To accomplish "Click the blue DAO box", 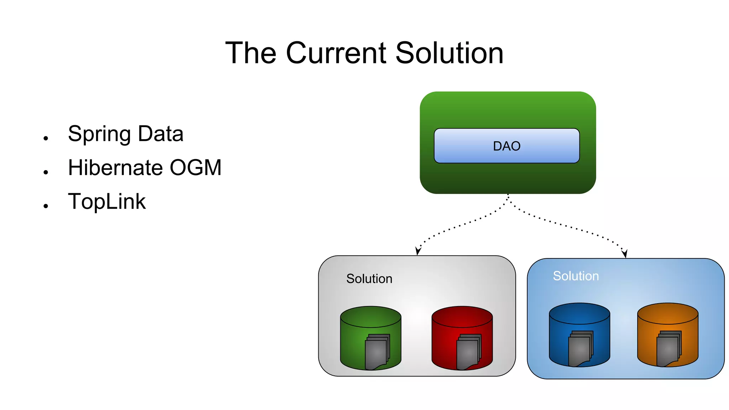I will pyautogui.click(x=507, y=146).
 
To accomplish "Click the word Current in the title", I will pyautogui.click(x=336, y=53).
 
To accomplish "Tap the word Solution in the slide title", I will pyautogui.click(x=449, y=53).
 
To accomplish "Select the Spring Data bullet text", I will pyautogui.click(x=126, y=134).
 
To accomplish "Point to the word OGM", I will pyautogui.click(x=195, y=168).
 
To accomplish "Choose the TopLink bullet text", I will pyautogui.click(x=107, y=202).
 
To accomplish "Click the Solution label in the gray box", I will pyautogui.click(x=369, y=279).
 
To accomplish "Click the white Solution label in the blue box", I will pyautogui.click(x=576, y=276).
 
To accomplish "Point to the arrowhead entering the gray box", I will pyautogui.click(x=418, y=251).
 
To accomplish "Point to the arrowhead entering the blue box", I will pyautogui.click(x=625, y=254).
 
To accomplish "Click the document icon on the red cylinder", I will pyautogui.click(x=468, y=352).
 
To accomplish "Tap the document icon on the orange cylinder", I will pyautogui.click(x=668, y=349).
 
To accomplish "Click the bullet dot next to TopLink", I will pyautogui.click(x=46, y=206).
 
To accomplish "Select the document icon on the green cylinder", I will pyautogui.click(x=377, y=352).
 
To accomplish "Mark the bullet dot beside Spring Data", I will pyautogui.click(x=46, y=138).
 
